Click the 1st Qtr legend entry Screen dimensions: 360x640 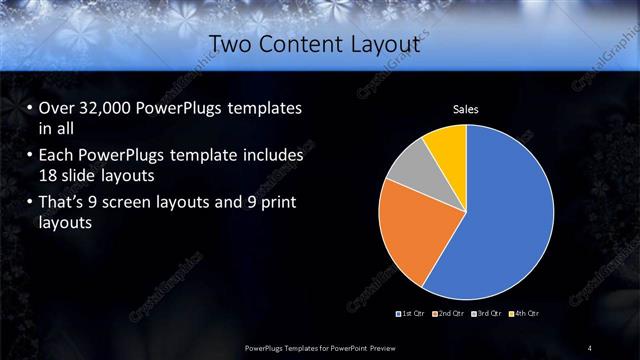point(412,314)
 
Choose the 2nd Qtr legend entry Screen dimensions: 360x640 point(449,314)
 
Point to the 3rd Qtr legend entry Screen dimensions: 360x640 point(487,314)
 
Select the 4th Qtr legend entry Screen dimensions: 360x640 point(524,314)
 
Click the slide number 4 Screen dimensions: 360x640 point(589,347)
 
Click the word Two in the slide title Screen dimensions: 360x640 point(233,44)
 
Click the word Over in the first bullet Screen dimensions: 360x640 point(56,108)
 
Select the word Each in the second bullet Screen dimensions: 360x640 point(56,156)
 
